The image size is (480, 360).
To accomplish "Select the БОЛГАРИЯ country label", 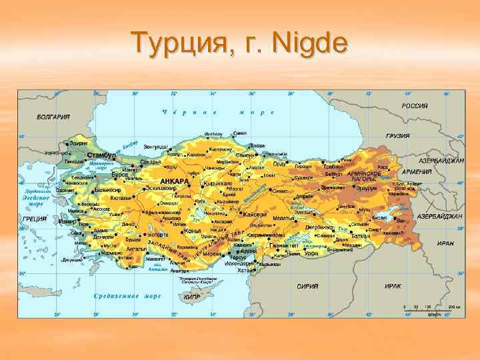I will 53,117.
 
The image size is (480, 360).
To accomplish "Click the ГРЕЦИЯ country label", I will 34,219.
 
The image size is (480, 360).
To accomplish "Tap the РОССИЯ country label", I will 414,106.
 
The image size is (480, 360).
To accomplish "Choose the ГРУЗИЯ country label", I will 397,136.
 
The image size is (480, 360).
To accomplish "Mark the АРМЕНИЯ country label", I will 415,171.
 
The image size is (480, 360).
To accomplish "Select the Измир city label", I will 68,221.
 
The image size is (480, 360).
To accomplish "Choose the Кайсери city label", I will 254,215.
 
